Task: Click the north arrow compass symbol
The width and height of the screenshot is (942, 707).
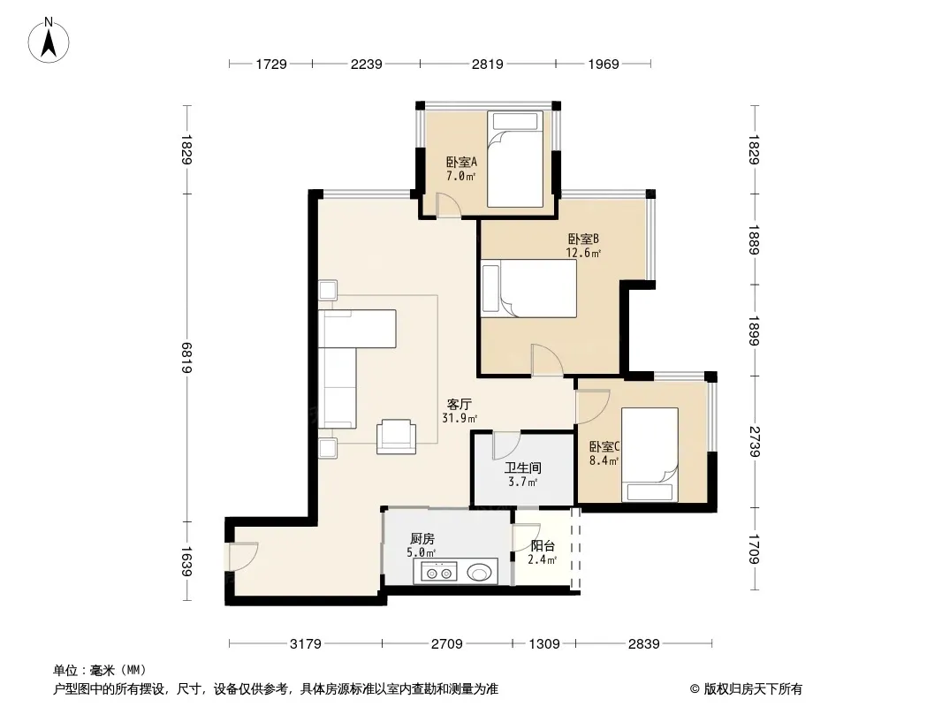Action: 49,40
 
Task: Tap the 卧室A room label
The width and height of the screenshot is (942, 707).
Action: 461,163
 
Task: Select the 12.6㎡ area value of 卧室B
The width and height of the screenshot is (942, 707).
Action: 583,253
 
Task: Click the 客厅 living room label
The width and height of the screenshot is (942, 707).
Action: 459,404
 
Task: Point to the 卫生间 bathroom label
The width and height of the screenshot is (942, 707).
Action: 522,468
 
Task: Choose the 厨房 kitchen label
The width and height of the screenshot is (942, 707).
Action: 422,539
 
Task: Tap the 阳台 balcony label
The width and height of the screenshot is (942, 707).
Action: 543,546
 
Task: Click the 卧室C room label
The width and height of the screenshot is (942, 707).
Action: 604,447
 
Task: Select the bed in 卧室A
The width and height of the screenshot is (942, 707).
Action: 515,159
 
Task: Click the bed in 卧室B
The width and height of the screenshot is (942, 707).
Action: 528,288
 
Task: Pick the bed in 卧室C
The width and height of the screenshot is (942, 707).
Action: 650,455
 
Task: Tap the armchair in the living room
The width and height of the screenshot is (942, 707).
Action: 396,436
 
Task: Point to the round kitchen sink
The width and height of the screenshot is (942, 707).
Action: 479,573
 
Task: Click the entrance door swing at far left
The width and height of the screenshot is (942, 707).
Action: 243,556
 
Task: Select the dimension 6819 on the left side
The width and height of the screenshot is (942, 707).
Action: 186,358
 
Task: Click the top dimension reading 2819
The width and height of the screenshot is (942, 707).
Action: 487,64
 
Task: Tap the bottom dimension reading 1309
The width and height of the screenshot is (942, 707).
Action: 543,644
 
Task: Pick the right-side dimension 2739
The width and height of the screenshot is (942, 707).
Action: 755,442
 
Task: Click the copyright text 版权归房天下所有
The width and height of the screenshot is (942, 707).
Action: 753,689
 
